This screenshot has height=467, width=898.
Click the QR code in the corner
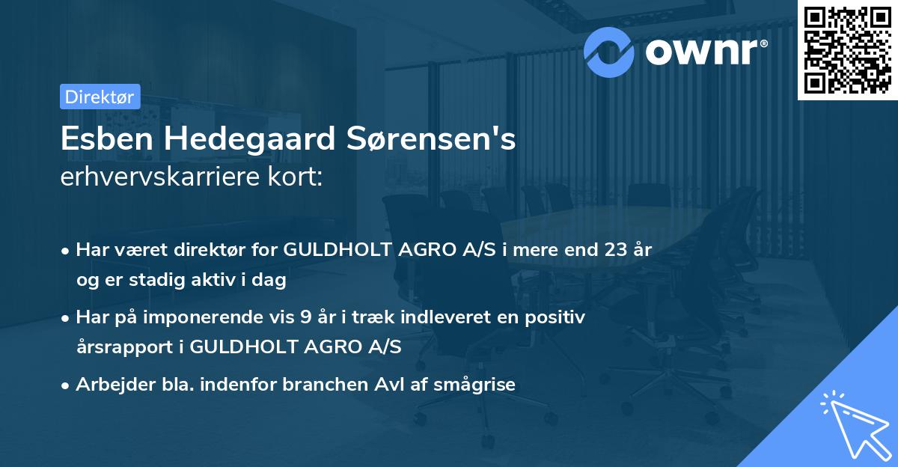point(846,49)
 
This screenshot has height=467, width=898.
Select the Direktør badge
point(100,97)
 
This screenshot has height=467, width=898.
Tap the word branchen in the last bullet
point(325,385)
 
